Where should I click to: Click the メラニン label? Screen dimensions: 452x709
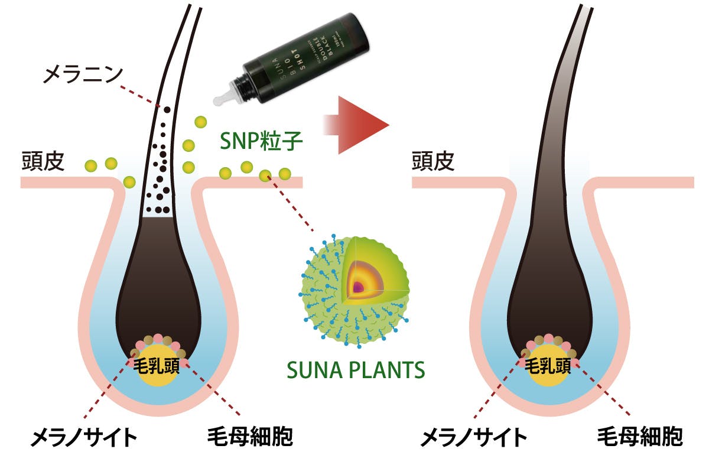pos(83,74)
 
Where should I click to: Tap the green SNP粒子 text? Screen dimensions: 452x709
pos(254,140)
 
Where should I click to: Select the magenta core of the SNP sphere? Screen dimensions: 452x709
pos(358,287)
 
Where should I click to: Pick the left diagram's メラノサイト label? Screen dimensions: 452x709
pos(83,438)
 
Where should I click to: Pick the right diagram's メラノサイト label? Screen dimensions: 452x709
pos(473,438)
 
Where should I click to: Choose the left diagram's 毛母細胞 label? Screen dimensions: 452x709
pos(251,438)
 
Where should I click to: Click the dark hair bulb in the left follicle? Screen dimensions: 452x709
pos(157,284)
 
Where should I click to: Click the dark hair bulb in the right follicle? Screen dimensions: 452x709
pos(547,284)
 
